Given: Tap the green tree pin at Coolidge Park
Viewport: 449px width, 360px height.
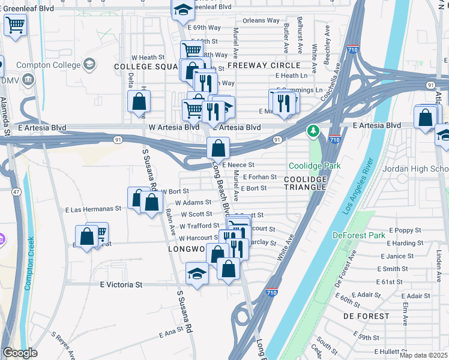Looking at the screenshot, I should point(313,130).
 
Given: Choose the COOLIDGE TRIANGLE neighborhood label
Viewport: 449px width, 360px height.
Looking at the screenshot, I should point(305,184).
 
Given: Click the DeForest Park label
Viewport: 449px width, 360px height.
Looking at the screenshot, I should point(360,235).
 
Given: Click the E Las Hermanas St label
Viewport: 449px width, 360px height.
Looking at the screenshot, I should point(93,209).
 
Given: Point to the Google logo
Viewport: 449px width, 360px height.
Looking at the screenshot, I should point(20,353).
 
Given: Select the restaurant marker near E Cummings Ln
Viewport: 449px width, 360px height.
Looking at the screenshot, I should point(286,102).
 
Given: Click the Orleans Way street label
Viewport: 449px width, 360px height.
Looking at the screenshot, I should point(261,20).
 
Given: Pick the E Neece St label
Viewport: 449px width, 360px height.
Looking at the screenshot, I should point(238,165).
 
